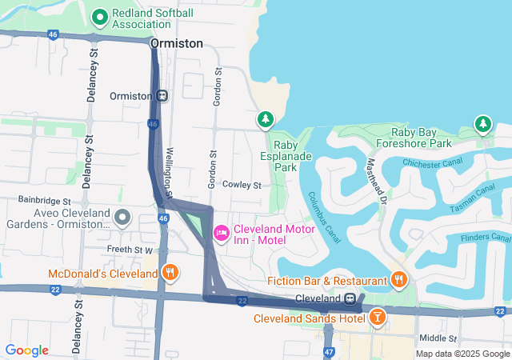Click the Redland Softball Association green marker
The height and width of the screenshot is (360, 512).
click(x=101, y=16)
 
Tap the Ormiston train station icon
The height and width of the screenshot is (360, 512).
click(x=162, y=95)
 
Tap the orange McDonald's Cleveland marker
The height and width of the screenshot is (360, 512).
click(x=170, y=274)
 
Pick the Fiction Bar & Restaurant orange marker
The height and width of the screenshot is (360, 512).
click(x=398, y=279)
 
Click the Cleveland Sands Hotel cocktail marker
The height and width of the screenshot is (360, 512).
click(x=377, y=318)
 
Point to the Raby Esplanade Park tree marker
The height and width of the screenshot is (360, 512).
click(x=265, y=120)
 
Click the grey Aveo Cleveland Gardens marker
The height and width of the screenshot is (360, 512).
click(x=122, y=217)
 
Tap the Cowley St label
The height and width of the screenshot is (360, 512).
click(x=242, y=185)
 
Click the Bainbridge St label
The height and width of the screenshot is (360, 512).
click(x=46, y=200)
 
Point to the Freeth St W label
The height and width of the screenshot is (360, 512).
click(x=130, y=250)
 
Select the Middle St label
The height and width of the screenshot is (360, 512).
click(x=437, y=338)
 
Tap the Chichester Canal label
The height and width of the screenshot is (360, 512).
click(x=434, y=163)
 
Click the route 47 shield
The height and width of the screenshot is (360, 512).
click(x=330, y=351)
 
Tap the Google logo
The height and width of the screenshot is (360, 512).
click(x=26, y=350)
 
